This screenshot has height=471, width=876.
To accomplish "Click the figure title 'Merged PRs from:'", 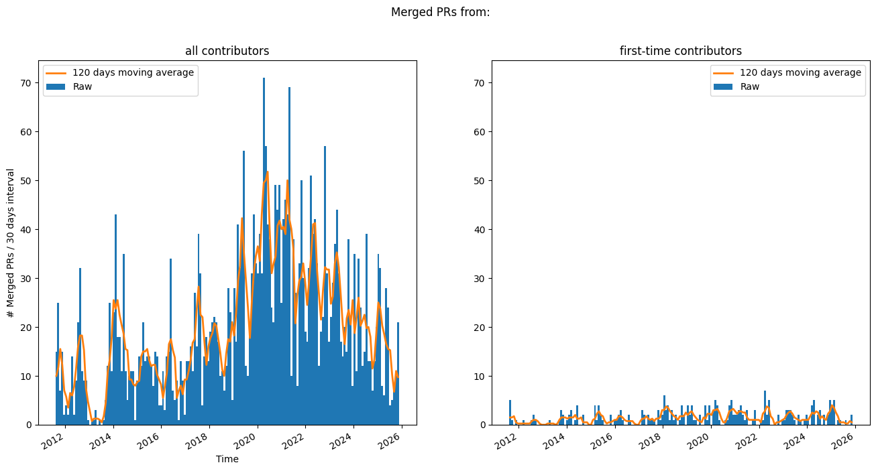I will [440, 12].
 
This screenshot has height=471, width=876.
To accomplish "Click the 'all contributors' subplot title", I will [227, 51].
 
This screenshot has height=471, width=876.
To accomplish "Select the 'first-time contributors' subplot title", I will [680, 51].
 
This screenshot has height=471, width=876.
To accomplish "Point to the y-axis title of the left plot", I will [10, 243].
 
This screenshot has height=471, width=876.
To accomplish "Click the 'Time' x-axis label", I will [227, 459].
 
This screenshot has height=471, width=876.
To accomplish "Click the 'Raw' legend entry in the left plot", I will [83, 86].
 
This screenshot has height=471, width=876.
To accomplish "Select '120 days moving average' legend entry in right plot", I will [800, 72].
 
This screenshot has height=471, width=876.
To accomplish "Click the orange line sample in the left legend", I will [56, 72].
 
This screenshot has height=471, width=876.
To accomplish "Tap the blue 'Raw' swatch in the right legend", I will [724, 86].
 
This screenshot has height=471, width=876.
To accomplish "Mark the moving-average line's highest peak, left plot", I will [267, 172].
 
